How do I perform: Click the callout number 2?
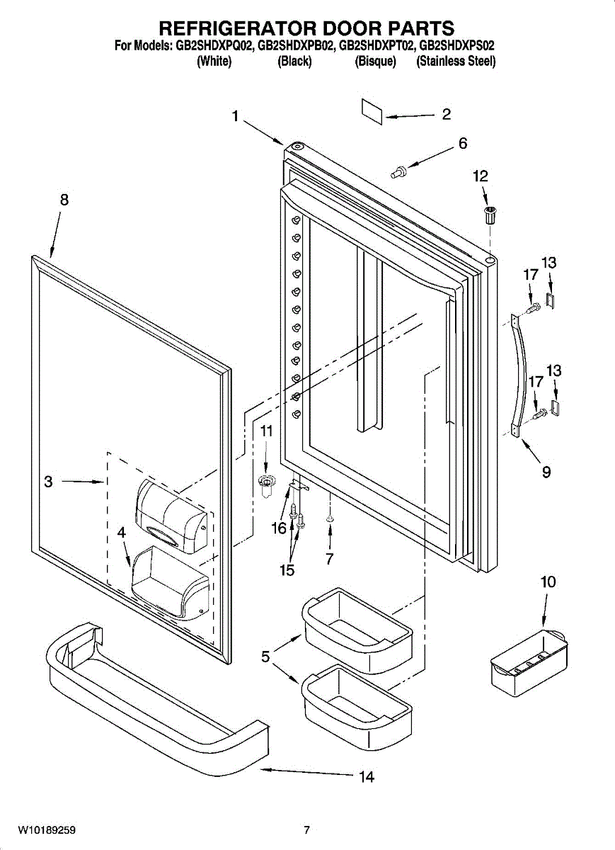tap(446, 114)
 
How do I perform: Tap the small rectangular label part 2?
tap(372, 110)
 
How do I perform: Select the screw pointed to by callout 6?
tap(400, 170)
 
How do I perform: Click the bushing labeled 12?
tap(488, 215)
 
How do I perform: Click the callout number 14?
tap(366, 777)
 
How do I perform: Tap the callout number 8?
tap(64, 200)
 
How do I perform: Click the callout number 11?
tap(265, 431)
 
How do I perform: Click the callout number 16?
tap(279, 528)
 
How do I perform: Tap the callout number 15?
tap(287, 570)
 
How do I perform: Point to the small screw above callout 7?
tap(330, 519)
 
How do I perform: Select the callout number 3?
tap(48, 482)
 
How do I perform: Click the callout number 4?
tap(121, 531)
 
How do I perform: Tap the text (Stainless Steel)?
tap(456, 62)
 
